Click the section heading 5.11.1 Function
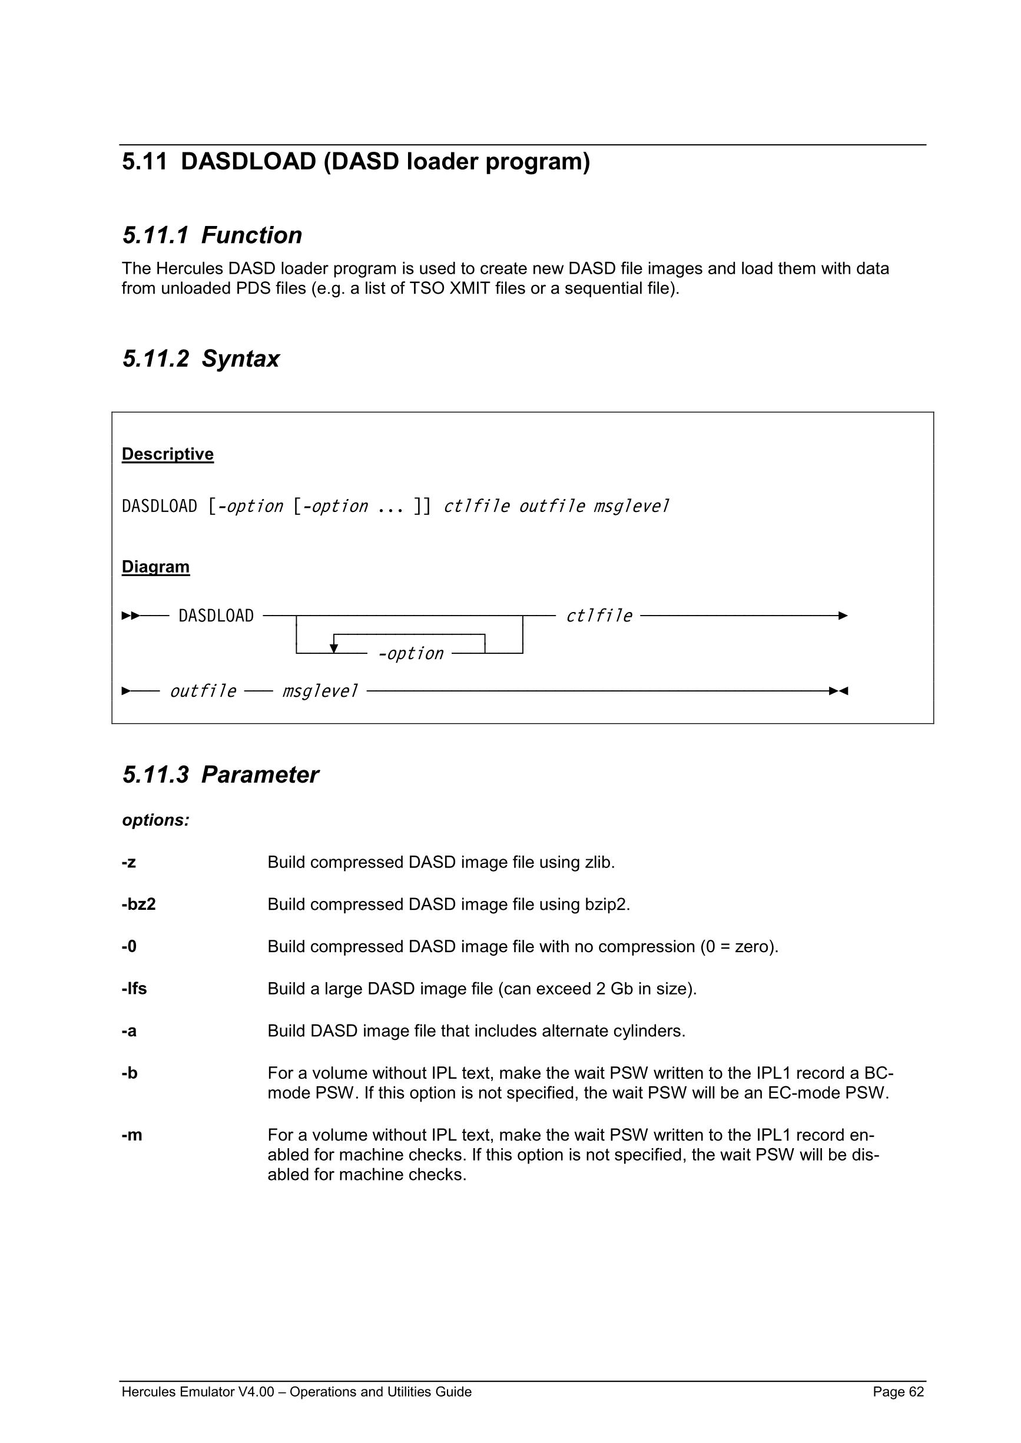(x=212, y=235)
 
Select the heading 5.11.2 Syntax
(x=201, y=359)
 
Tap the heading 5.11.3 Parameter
(x=220, y=775)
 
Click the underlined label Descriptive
(x=167, y=454)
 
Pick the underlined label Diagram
(x=155, y=567)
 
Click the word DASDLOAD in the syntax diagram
(x=216, y=616)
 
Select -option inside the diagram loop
(x=410, y=654)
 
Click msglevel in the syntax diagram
(x=319, y=691)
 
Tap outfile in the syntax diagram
(x=203, y=691)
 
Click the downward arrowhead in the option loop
(x=334, y=649)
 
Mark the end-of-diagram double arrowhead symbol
(x=838, y=691)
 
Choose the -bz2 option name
(x=138, y=905)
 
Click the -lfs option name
(x=134, y=989)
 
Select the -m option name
(x=131, y=1135)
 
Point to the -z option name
(x=128, y=862)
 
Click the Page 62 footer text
(x=898, y=1391)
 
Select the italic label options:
(x=155, y=820)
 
